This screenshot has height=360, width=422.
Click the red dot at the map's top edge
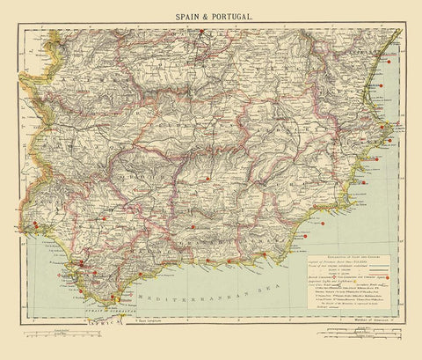pos(202,33)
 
